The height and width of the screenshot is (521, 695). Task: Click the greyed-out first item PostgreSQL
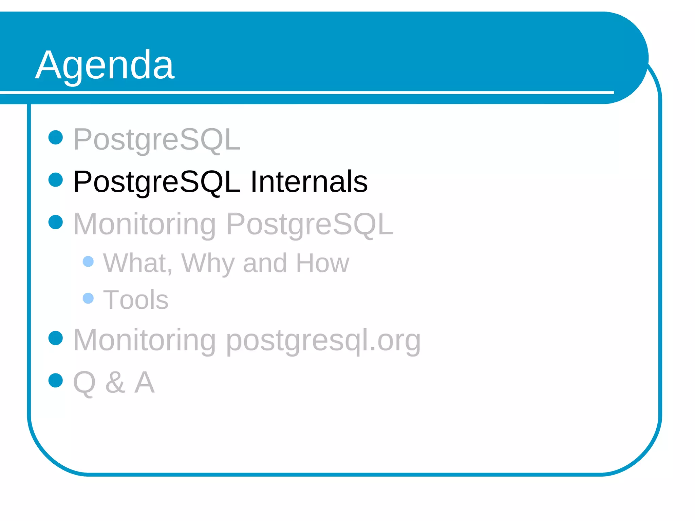156,139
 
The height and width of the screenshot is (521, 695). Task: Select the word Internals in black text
309,182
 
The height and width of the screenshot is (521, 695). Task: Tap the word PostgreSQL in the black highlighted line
156,182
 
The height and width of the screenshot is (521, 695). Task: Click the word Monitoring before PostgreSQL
145,225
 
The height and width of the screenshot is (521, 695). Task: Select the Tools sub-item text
135,300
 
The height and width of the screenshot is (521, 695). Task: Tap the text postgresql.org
323,341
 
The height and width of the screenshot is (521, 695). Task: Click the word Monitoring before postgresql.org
145,340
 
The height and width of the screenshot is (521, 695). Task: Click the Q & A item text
114,382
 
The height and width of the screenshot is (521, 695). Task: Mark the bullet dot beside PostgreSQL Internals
56,180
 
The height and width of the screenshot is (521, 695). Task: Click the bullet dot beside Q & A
56,380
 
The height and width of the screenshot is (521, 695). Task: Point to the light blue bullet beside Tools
88,298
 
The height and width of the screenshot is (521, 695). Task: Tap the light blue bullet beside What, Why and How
88,262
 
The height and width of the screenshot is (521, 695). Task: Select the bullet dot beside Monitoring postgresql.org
56,338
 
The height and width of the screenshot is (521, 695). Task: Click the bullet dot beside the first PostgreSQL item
56,137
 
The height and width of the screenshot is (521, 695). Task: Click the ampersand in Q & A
115,382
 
